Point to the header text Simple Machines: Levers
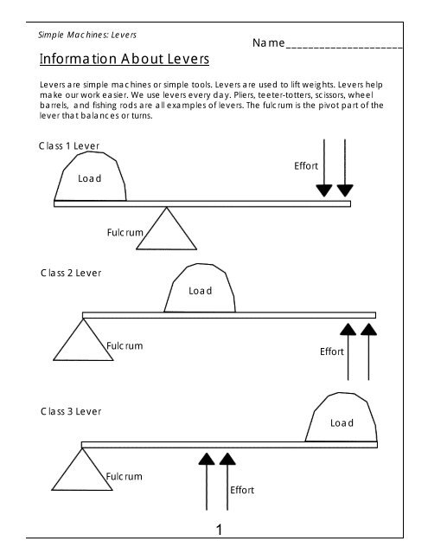[87, 35]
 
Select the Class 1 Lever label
[68, 145]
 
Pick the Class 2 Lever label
[71, 273]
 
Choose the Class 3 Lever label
[71, 411]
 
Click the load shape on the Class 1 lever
[90, 178]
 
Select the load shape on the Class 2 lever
[201, 290]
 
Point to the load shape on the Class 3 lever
[341, 421]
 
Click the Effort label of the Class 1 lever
[306, 165]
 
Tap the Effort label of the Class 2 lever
[332, 351]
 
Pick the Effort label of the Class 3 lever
[242, 490]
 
